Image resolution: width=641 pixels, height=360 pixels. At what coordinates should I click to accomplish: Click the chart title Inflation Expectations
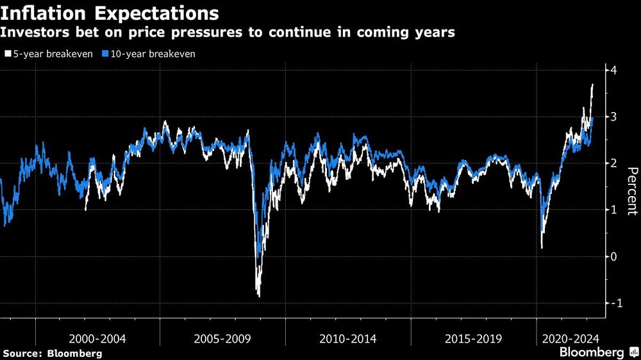110,13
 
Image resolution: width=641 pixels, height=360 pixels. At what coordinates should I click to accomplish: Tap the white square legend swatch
8,54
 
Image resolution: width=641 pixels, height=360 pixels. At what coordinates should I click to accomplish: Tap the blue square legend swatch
106,54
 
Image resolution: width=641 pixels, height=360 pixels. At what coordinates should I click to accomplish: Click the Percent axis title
631,190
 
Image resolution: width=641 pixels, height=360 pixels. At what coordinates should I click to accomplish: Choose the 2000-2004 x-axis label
97,338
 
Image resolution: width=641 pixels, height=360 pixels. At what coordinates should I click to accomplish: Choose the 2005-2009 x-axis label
222,338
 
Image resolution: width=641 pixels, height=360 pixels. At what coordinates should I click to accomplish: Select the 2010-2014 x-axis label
347,338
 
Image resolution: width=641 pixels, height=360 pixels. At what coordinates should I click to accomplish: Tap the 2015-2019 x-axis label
473,338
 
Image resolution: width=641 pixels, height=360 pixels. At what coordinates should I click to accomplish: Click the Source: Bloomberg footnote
53,353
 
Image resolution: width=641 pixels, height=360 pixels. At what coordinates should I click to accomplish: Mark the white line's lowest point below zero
259,296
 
